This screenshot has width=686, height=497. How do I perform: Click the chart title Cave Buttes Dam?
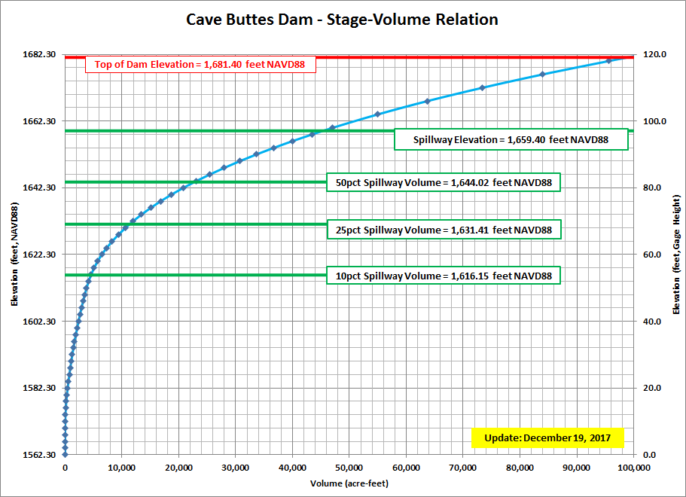tap(342, 20)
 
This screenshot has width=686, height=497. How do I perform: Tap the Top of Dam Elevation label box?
tap(200, 65)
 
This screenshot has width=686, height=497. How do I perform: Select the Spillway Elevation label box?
tap(511, 139)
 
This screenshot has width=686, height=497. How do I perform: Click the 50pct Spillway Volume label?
tap(444, 183)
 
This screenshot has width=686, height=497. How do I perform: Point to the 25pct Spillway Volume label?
tap(444, 230)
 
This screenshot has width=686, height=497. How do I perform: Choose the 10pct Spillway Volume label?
tap(444, 276)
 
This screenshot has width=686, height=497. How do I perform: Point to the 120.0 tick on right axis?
tap(652, 54)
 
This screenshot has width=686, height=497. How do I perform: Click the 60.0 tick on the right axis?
tap(652, 255)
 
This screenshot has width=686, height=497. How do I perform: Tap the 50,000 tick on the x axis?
tap(349, 468)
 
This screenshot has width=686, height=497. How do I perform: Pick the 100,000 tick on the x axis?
tap(633, 468)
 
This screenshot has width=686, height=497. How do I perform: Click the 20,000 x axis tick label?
tap(178, 468)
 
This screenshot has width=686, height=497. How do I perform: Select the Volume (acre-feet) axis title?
tap(349, 483)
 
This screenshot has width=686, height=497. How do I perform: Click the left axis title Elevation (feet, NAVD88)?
tap(14, 255)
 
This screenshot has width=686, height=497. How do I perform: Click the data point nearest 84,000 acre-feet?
tap(542, 75)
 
